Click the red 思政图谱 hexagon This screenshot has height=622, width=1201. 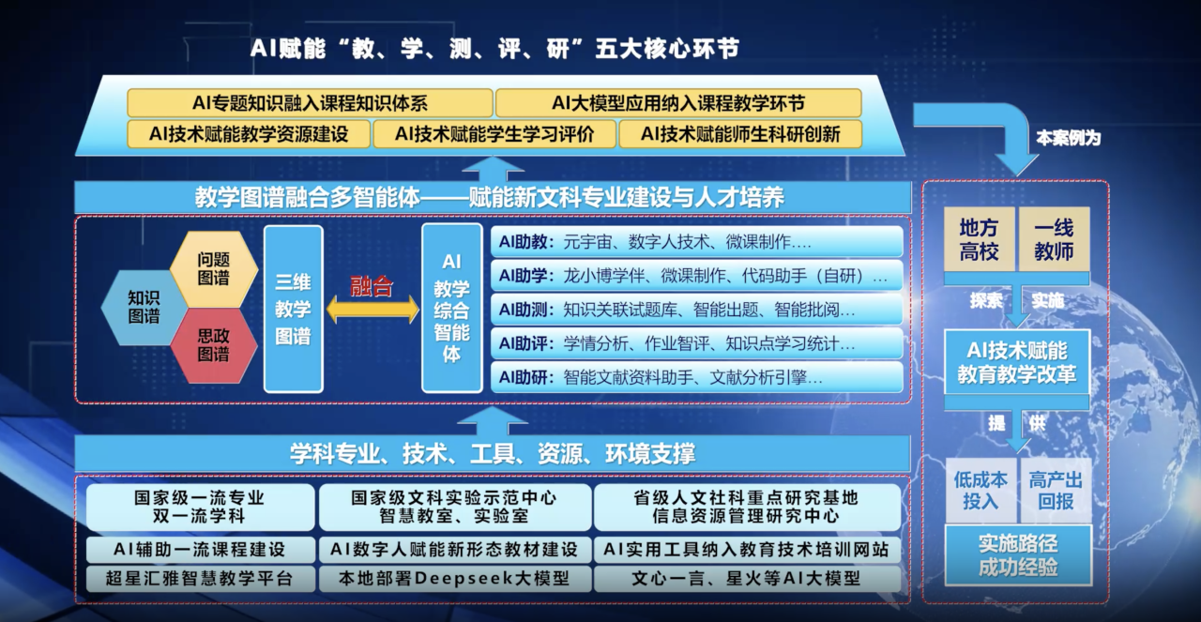tap(214, 345)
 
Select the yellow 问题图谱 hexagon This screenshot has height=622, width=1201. tap(214, 269)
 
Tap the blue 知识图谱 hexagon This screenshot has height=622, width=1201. tap(144, 307)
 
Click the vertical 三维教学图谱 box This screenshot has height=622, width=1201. tap(294, 309)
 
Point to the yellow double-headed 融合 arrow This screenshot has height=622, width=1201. tap(372, 310)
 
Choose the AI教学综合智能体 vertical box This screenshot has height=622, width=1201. tap(451, 309)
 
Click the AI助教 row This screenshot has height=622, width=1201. tap(696, 242)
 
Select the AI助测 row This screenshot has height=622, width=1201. tap(696, 310)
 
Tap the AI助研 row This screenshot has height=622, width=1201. tap(696, 377)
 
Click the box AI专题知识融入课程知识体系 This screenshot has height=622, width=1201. tap(310, 103)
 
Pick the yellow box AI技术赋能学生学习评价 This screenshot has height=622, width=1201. tap(494, 134)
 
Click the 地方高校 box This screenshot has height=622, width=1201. tap(979, 239)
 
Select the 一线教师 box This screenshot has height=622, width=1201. tap(1054, 239)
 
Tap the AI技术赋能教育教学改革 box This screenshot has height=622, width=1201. tap(1017, 362)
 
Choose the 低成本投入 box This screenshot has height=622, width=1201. tap(981, 490)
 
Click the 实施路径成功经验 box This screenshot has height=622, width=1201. tap(1018, 555)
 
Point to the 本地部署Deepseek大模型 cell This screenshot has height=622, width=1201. tap(455, 579)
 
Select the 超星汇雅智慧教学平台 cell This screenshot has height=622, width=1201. tap(200, 579)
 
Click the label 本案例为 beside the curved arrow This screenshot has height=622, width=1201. tap(1068, 138)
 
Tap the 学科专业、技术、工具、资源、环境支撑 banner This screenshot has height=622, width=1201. tap(493, 454)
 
